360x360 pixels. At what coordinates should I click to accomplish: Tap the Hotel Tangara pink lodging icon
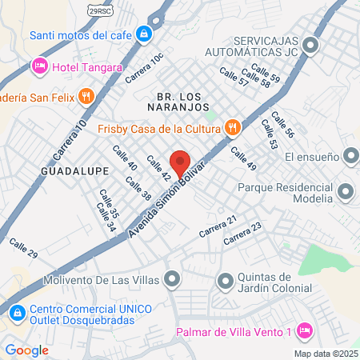coord(38,65)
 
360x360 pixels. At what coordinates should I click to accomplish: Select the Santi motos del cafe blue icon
coord(143,34)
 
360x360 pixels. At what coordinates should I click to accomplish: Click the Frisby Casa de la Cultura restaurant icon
coord(232,126)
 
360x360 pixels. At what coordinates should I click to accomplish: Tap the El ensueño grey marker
coord(349,158)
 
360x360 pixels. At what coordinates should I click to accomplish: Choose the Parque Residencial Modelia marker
coord(346,191)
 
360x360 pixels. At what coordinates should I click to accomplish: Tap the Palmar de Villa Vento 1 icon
coord(304,330)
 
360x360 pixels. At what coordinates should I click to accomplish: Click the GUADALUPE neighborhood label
coord(67,170)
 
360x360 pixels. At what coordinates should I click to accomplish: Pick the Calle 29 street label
coord(23,247)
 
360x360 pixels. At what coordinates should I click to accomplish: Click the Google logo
coord(26,350)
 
